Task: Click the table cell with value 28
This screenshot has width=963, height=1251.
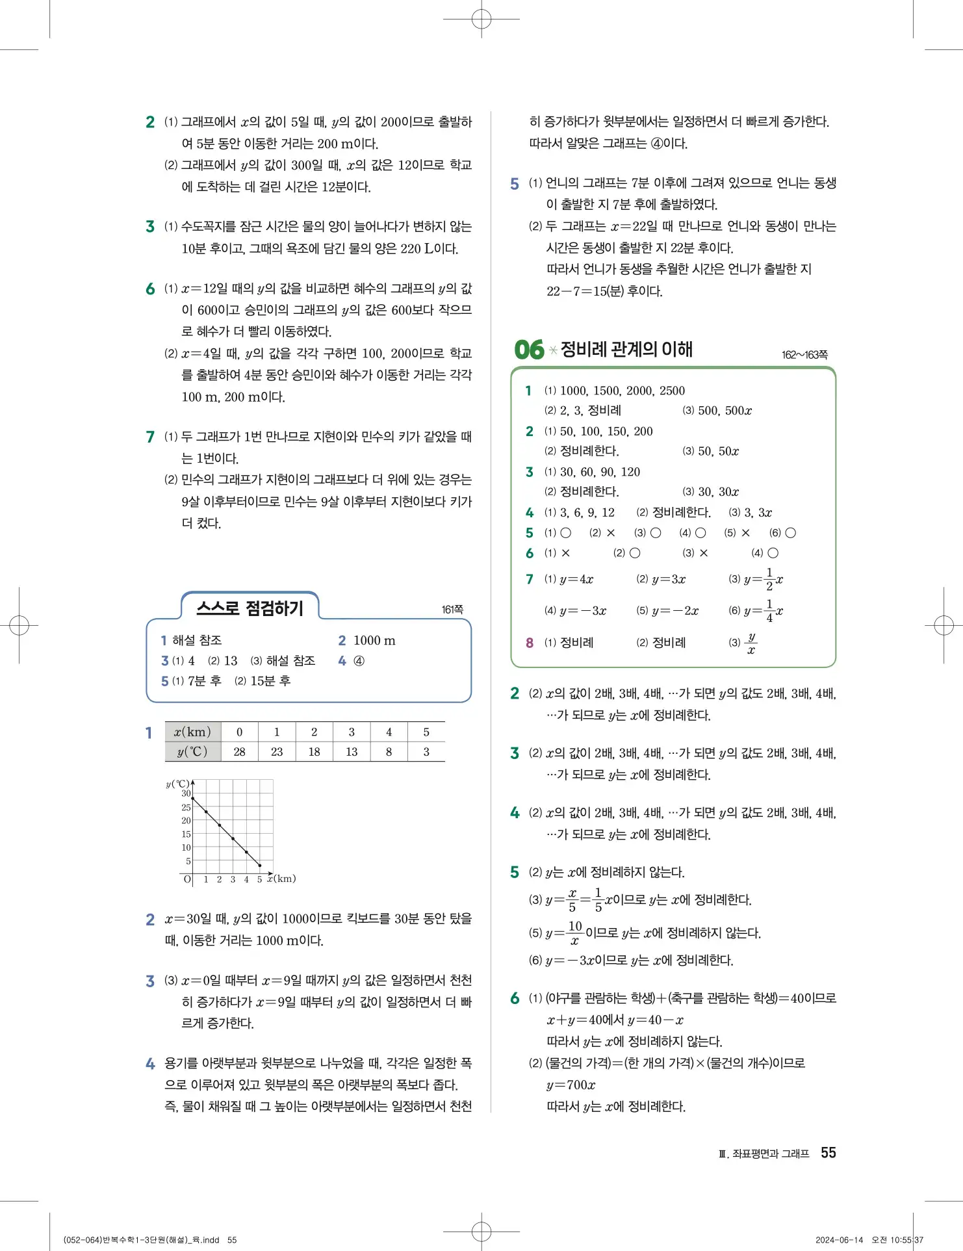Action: click(x=239, y=752)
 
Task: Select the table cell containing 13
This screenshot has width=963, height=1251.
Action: click(x=352, y=752)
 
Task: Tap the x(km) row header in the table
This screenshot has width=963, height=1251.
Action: click(x=192, y=732)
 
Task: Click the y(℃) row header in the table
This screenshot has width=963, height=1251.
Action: click(x=192, y=752)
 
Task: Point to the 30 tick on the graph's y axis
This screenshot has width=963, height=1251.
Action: click(x=186, y=793)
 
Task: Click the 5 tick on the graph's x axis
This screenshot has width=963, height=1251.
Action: click(x=259, y=879)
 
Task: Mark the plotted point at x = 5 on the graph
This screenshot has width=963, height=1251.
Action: click(x=260, y=865)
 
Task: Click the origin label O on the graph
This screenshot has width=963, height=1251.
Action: click(x=187, y=879)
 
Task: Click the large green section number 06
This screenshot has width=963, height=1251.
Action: click(x=529, y=350)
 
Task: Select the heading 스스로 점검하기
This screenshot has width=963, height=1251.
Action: click(x=250, y=608)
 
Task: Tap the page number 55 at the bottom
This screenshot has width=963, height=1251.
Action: click(x=828, y=1153)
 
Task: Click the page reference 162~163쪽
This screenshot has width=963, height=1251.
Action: click(x=804, y=355)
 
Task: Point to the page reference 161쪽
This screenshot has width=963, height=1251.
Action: click(x=452, y=610)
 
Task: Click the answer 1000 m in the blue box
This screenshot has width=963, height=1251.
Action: click(x=374, y=641)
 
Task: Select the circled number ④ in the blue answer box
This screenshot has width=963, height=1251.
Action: click(x=359, y=661)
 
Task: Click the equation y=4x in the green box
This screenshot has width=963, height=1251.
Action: click(x=576, y=579)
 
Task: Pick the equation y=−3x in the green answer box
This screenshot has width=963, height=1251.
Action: click(x=583, y=611)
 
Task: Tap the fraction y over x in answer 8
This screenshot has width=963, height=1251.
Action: click(x=751, y=643)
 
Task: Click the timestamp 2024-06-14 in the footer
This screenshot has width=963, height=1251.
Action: click(x=839, y=1240)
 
